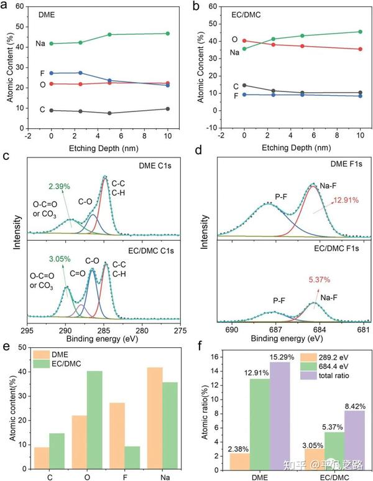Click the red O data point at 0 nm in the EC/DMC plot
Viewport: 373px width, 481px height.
click(x=244, y=40)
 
